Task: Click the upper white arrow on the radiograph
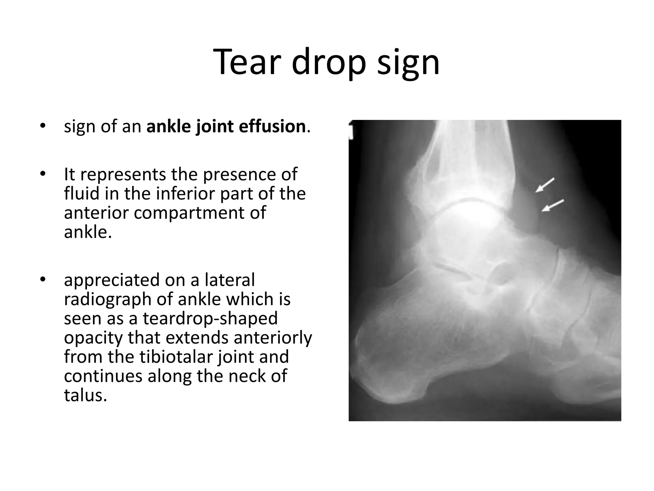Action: pyautogui.click(x=545, y=185)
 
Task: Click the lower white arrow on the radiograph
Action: pyautogui.click(x=553, y=206)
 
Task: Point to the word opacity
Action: pyautogui.click(x=93, y=338)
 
